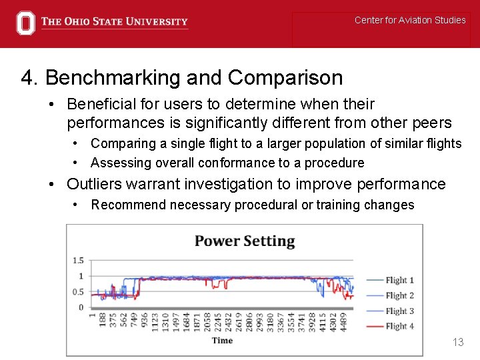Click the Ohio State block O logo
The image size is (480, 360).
pyautogui.click(x=25, y=23)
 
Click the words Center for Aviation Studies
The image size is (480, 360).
pyautogui.click(x=410, y=20)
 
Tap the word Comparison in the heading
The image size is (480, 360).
pyautogui.click(x=285, y=78)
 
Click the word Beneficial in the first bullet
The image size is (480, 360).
pyautogui.click(x=99, y=104)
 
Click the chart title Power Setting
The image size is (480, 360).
pyautogui.click(x=244, y=241)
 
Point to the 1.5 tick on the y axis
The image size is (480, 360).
pyautogui.click(x=78, y=261)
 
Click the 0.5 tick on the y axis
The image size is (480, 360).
pyautogui.click(x=78, y=292)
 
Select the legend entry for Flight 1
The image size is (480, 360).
pyautogui.click(x=399, y=281)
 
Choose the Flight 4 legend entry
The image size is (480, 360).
pyautogui.click(x=399, y=326)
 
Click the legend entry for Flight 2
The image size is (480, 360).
pyautogui.click(x=399, y=296)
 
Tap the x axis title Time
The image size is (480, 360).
pyautogui.click(x=222, y=341)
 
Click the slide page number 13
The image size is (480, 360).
pyautogui.click(x=457, y=342)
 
